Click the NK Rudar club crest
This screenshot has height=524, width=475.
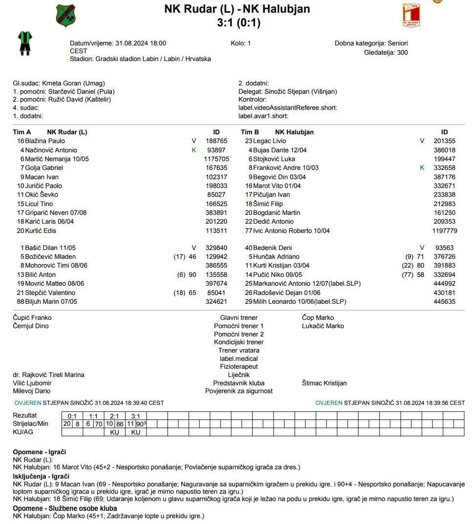pos(66,15)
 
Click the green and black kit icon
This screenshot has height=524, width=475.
pos(24,42)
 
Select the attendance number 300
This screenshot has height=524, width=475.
pos(402,52)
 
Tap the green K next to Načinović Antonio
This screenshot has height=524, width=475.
pos(194,150)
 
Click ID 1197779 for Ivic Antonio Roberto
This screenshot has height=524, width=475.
pos(445,231)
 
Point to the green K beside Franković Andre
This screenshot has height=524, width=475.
pos(422,168)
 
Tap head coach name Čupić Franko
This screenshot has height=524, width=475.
pos(32,317)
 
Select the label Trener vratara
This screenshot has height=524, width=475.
pos(238,350)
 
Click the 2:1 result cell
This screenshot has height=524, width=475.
pos(114,416)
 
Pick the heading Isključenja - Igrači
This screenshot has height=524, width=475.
pos(41,476)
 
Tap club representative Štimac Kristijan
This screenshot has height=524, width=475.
pos(324,383)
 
